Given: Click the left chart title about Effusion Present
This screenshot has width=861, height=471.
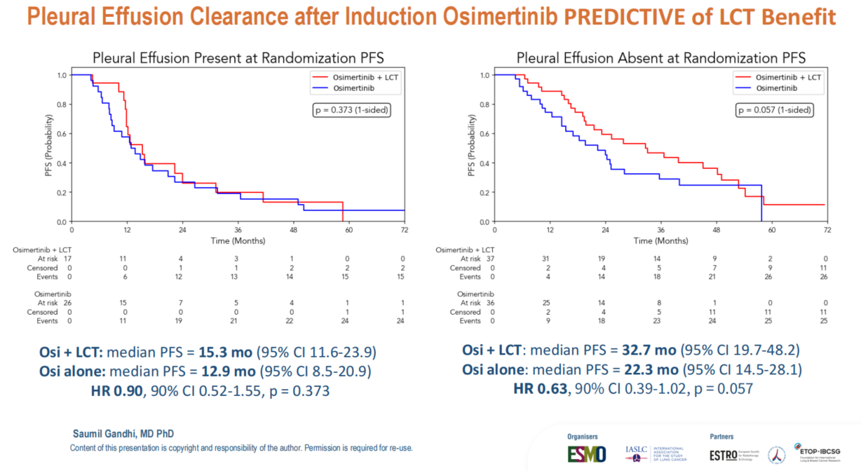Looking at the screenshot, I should tap(239, 57).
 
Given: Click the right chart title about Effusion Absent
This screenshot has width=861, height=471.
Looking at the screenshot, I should tap(661, 57).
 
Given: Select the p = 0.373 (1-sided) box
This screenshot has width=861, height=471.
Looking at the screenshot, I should tap(351, 109).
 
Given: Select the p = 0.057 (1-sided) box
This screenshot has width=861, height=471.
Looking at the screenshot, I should tap(774, 109).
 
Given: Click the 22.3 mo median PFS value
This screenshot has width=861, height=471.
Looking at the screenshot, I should tap(647, 369).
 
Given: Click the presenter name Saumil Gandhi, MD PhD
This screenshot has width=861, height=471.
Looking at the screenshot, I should tap(123, 435).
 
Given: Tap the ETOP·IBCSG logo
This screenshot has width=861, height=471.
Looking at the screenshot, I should tap(822, 453).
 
